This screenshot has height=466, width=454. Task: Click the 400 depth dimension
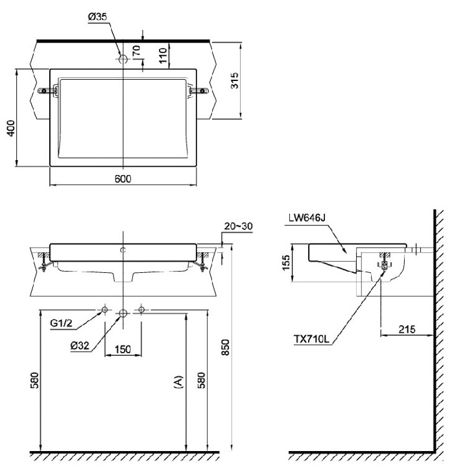[x=10, y=128]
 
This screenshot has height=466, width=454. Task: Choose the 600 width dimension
[x=123, y=179]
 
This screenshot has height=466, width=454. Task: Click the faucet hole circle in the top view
[x=123, y=58]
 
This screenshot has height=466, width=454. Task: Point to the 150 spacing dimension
[x=123, y=349]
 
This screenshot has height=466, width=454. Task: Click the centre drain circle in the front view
[x=123, y=313]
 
